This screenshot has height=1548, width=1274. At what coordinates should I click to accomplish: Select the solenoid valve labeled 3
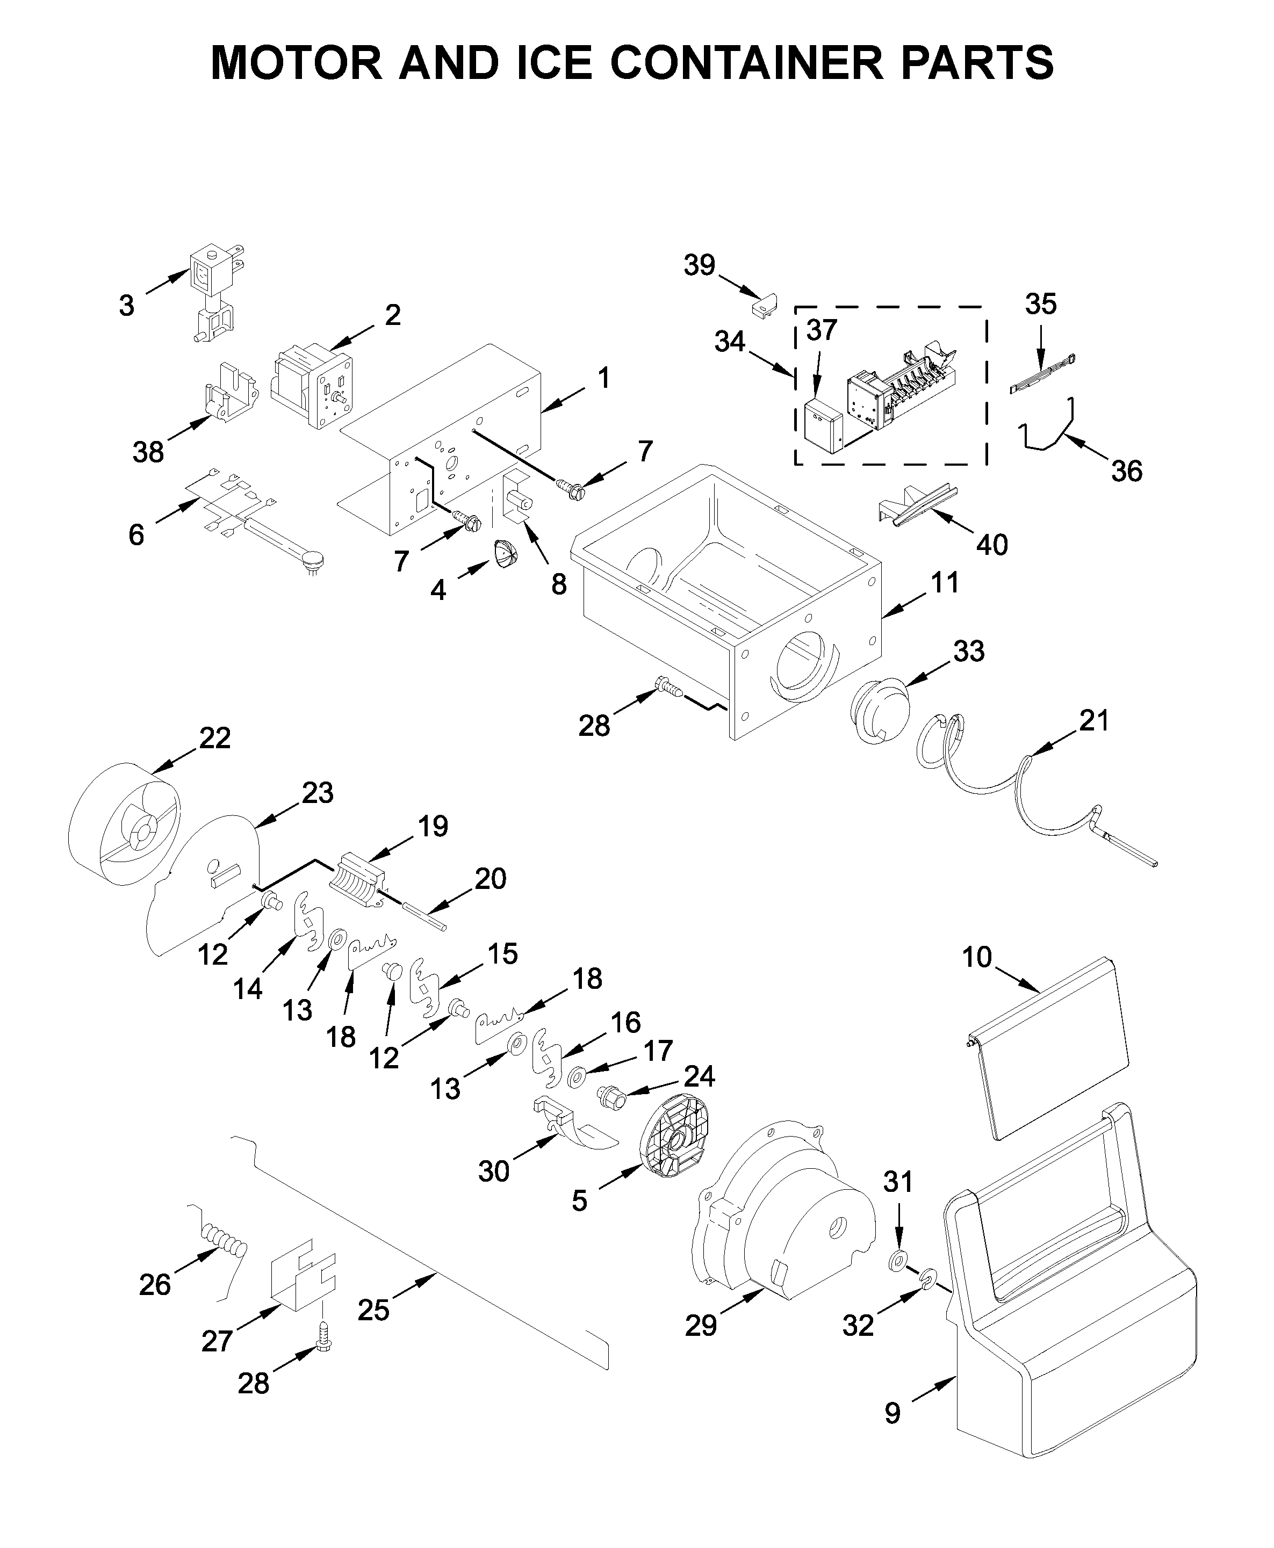click(213, 293)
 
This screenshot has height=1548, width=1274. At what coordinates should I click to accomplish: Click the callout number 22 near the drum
click(215, 738)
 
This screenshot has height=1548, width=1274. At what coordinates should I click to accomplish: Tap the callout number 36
click(1126, 471)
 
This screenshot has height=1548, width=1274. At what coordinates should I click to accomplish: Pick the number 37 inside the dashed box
click(821, 331)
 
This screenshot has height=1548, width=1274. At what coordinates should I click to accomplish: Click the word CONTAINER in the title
click(746, 63)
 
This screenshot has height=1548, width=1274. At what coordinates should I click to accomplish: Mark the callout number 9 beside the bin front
click(892, 1413)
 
